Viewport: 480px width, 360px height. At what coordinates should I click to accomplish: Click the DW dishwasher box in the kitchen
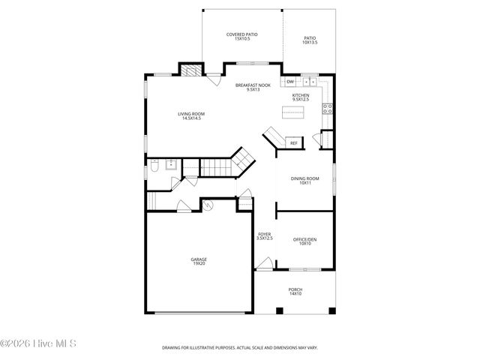[289, 81]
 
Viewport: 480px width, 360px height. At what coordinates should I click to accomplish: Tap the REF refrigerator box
[293, 142]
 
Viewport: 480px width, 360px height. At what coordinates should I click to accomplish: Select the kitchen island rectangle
[293, 112]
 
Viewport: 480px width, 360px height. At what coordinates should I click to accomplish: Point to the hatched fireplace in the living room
[190, 71]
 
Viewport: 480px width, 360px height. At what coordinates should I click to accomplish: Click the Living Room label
[191, 115]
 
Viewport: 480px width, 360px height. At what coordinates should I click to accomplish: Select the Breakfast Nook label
[247, 87]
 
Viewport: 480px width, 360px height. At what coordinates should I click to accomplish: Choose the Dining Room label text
[304, 180]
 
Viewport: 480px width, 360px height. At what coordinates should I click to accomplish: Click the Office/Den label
[304, 241]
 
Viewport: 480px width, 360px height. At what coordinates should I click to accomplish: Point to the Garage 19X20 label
[199, 262]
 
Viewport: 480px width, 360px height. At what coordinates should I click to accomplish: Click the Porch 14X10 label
[295, 291]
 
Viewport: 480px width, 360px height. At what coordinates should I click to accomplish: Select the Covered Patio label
[241, 36]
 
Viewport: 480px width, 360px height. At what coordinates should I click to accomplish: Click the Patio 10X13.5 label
[310, 40]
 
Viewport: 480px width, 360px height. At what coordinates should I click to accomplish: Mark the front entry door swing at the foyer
[263, 263]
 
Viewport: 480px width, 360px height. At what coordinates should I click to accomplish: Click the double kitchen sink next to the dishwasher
[309, 81]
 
